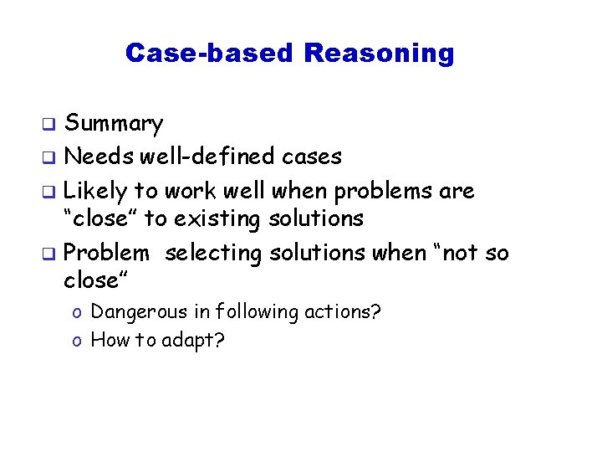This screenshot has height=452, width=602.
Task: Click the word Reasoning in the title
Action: point(379,54)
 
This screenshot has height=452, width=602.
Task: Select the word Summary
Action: point(114,125)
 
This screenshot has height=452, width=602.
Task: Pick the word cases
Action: point(312,157)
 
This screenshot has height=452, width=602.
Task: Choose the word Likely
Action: point(95,191)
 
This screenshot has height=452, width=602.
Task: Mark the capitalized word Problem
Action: point(106,252)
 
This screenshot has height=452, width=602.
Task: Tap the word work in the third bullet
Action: point(190,191)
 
